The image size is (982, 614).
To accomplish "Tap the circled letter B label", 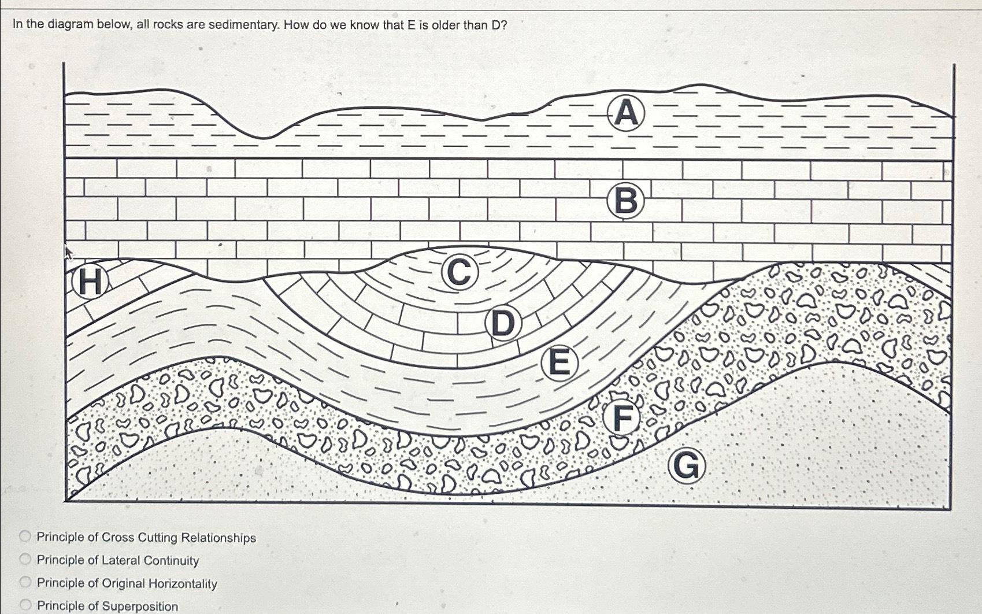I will (625, 202).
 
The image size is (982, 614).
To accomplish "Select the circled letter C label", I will (460, 272).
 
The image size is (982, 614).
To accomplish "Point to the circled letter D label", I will (502, 323).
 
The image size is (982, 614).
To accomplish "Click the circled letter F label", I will (621, 418).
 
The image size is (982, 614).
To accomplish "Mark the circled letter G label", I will (686, 466).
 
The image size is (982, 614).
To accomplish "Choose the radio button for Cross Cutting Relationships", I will (25, 537).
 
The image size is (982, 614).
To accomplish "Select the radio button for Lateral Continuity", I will (25, 559).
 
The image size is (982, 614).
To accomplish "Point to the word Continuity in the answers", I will (171, 560).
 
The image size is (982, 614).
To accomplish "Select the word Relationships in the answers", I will (218, 538).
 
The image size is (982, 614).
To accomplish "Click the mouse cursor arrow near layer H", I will (68, 251).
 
